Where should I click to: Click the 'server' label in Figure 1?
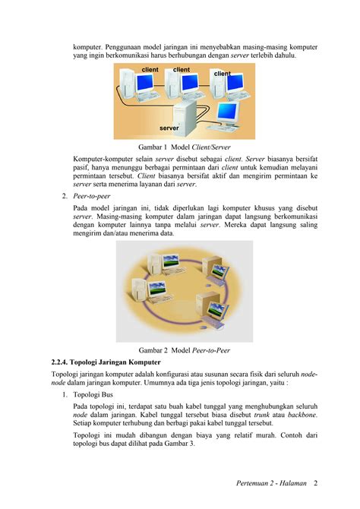pyautogui.click(x=169, y=128)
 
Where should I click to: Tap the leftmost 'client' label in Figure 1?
pyautogui.click(x=150, y=70)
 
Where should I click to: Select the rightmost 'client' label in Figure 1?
pyautogui.click(x=222, y=74)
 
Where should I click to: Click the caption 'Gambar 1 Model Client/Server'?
pyautogui.click(x=184, y=147)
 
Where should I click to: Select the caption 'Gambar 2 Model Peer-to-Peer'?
pyautogui.click(x=184, y=350)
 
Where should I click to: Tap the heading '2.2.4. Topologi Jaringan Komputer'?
pyautogui.click(x=106, y=362)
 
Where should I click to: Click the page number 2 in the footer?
pyautogui.click(x=315, y=483)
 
